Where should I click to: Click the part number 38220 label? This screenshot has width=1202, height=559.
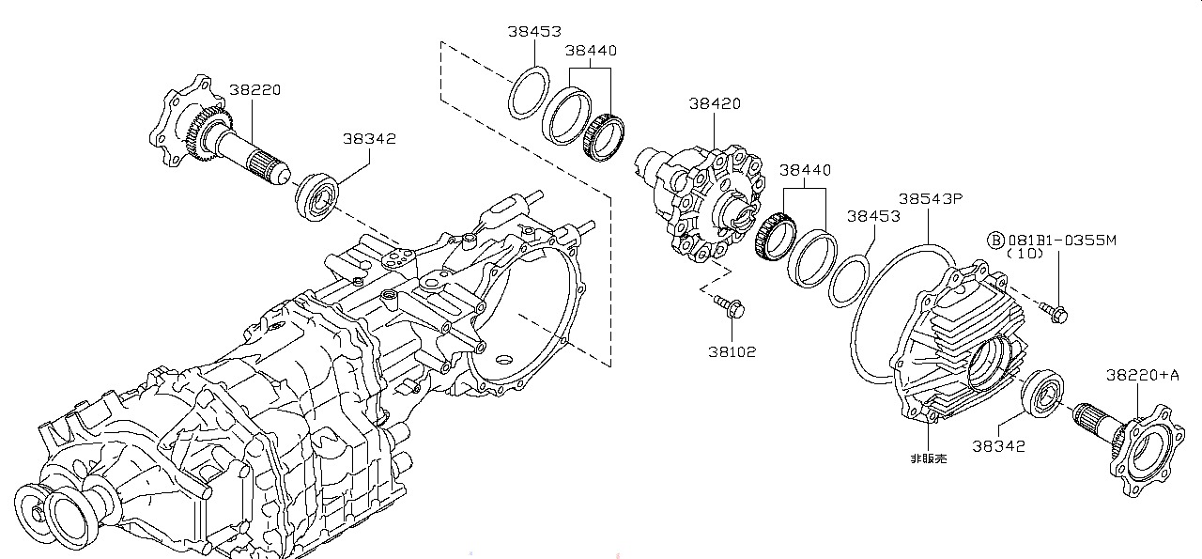click(x=254, y=90)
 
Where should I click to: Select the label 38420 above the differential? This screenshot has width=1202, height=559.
click(x=716, y=104)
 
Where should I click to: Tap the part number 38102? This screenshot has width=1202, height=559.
click(x=732, y=351)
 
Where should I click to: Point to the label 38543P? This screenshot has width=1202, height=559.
click(x=931, y=199)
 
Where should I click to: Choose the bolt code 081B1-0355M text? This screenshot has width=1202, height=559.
click(x=1061, y=241)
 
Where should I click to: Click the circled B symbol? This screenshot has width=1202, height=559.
click(x=995, y=241)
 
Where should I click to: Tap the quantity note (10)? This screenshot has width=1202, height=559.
click(x=1026, y=254)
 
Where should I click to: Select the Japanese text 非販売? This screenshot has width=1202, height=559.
click(x=929, y=458)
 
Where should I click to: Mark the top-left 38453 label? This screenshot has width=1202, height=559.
click(x=534, y=30)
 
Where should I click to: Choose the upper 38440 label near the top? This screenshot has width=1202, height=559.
click(x=591, y=51)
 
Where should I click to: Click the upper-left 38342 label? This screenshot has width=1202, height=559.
click(x=369, y=138)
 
